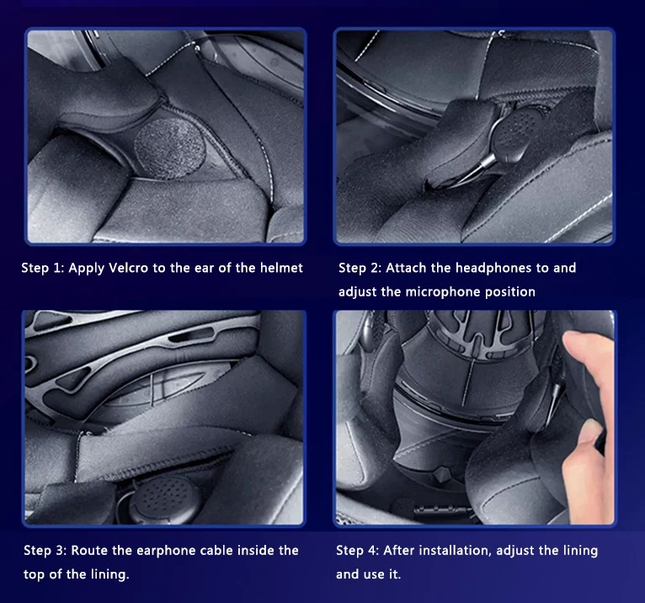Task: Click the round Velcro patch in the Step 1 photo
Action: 170,148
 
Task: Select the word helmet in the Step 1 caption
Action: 281,268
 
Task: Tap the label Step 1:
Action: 43,268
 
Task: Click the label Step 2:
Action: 360,268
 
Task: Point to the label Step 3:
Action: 45,550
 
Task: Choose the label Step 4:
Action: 358,550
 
